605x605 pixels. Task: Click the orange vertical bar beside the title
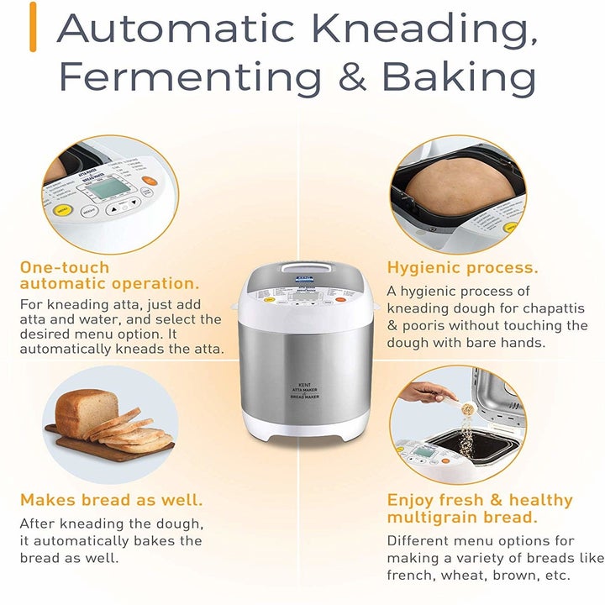point(33,27)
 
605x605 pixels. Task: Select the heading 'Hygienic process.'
point(462,268)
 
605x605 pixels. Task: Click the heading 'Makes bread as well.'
point(111,500)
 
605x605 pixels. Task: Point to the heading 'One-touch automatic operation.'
point(109,276)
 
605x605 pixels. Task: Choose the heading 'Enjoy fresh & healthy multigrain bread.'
point(479,508)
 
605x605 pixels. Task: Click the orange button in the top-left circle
point(149,179)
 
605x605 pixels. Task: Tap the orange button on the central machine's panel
point(340,298)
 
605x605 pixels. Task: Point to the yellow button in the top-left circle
point(61,212)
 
